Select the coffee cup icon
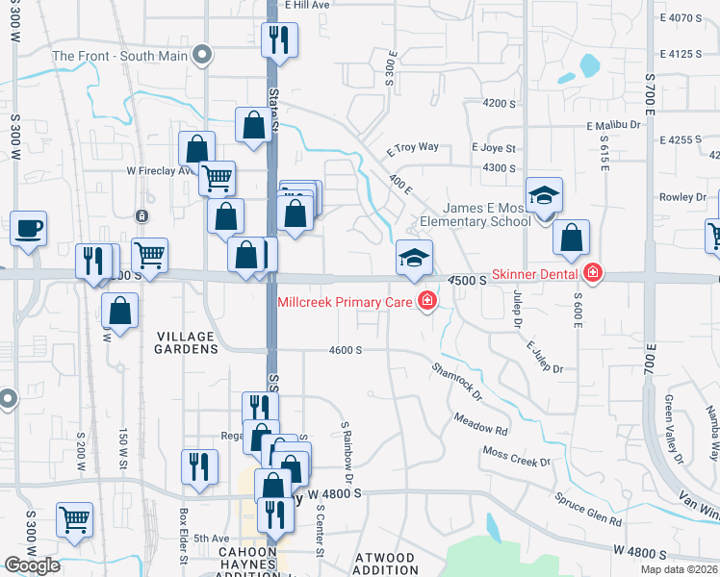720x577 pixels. point(28,229)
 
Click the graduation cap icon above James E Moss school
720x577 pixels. point(544,195)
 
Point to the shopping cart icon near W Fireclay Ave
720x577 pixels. point(218,177)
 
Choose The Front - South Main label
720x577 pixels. point(120,56)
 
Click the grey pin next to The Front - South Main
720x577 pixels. point(202,55)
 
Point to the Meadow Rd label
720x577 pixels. point(480,424)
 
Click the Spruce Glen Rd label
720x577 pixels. point(588,509)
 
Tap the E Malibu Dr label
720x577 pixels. point(613,125)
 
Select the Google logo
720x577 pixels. point(32,564)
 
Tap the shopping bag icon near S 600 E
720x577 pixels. point(572,238)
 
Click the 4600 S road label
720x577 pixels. point(345,351)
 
